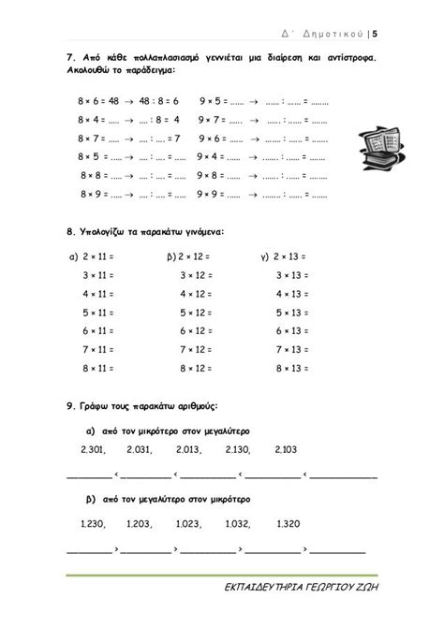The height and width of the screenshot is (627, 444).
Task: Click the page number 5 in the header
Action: point(375,36)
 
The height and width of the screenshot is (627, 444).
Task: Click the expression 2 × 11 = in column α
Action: point(99,255)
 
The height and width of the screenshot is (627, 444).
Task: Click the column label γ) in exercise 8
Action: point(265,255)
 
